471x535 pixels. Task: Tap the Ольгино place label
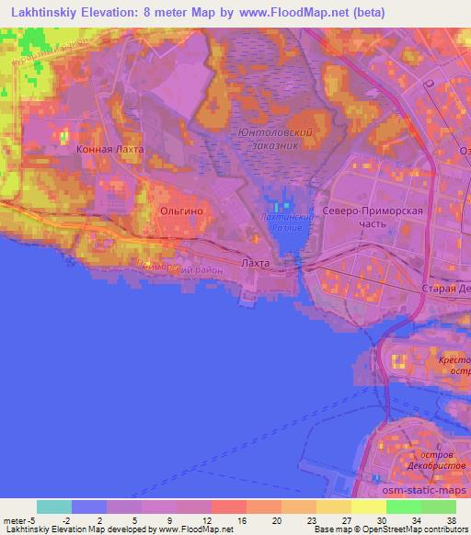click(x=181, y=211)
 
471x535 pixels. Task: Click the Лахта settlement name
click(x=255, y=263)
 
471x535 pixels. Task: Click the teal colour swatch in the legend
click(x=54, y=507)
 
